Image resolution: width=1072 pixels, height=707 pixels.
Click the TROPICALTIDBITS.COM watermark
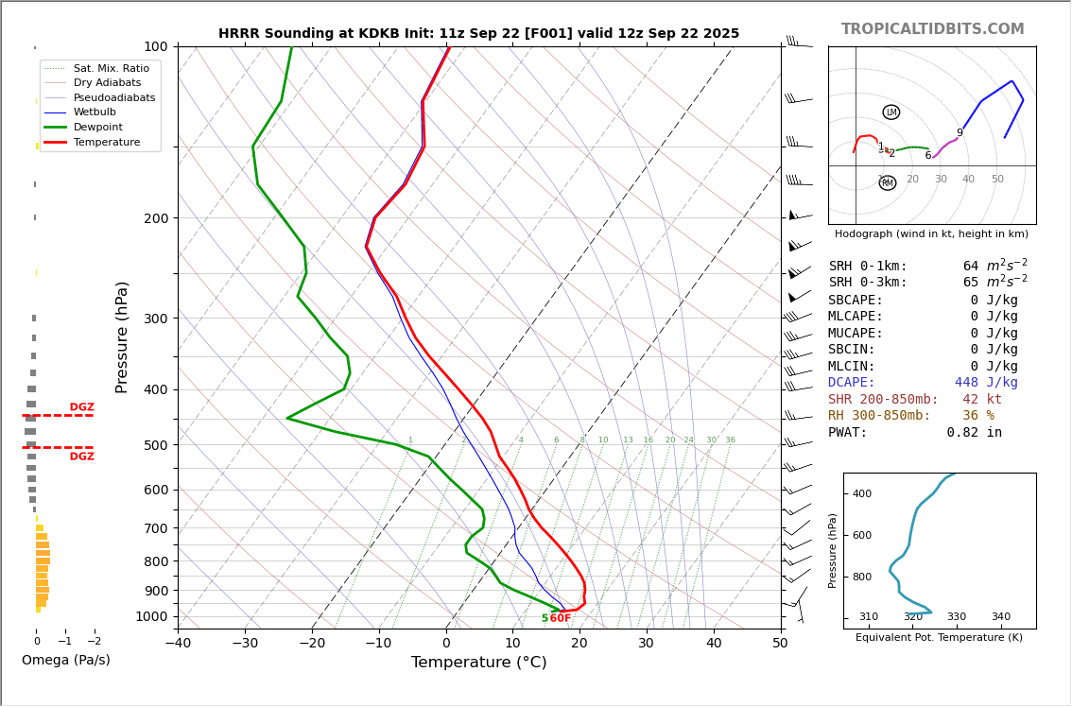tap(932, 29)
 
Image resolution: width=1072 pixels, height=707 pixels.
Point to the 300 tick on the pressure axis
tap(155, 319)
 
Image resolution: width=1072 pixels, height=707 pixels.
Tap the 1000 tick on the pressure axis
tap(151, 616)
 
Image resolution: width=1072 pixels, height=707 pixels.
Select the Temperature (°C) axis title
tap(478, 663)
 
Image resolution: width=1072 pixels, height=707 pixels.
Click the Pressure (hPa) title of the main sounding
tap(122, 336)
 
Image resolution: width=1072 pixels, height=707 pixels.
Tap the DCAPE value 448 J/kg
tap(986, 383)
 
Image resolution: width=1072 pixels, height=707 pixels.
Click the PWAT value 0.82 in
tap(974, 433)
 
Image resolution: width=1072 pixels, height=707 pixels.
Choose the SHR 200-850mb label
tap(883, 400)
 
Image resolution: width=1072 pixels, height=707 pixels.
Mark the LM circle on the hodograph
tap(890, 112)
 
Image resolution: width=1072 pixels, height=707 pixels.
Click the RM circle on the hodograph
tap(887, 183)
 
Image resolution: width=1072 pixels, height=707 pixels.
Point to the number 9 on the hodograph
tap(960, 133)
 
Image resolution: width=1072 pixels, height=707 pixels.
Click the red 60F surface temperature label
tap(561, 618)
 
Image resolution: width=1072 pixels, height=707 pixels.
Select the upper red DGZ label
tap(82, 407)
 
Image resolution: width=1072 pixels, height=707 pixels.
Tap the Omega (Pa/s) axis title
tap(66, 660)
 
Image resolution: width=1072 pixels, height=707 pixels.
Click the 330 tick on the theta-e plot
tap(957, 617)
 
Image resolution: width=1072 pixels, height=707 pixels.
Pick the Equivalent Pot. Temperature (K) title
tap(939, 637)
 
